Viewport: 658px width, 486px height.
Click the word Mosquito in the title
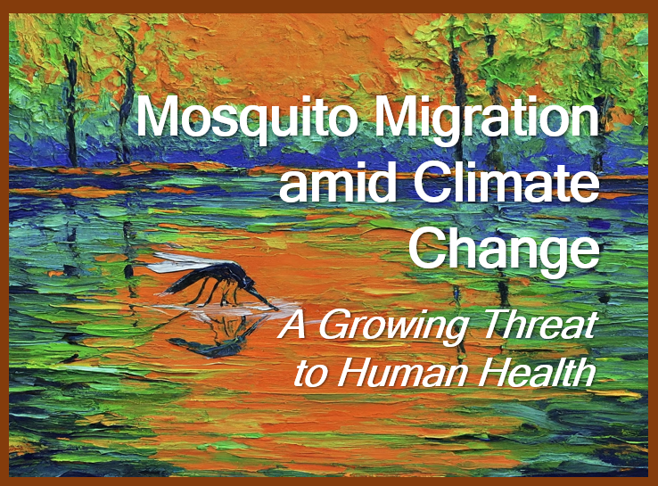(x=248, y=118)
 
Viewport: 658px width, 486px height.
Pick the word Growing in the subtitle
(x=391, y=325)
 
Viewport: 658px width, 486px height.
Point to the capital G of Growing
(x=336, y=324)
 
